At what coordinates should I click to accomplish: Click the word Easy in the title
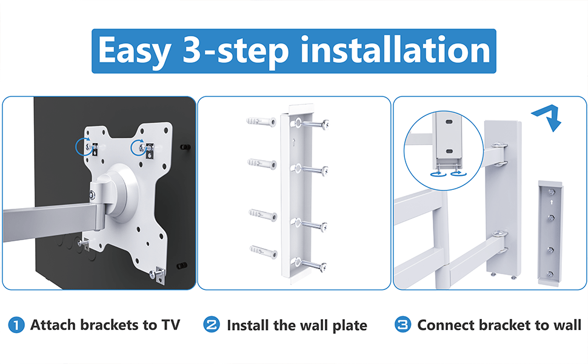click(134, 51)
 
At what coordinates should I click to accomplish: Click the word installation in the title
click(395, 50)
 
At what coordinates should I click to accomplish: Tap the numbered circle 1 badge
click(16, 325)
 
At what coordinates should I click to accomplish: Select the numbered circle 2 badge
click(212, 325)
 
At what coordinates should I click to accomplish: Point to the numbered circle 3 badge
click(403, 325)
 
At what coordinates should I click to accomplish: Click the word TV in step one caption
click(170, 325)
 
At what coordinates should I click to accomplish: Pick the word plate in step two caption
click(350, 326)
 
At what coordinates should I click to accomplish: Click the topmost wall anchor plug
click(261, 121)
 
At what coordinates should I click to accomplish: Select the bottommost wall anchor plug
click(263, 251)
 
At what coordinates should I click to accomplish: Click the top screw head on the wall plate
click(326, 124)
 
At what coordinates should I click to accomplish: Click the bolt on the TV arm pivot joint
click(92, 195)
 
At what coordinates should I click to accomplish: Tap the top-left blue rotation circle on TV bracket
click(84, 147)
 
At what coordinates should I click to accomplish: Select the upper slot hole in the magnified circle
click(449, 122)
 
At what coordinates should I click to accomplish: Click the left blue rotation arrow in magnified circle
click(438, 174)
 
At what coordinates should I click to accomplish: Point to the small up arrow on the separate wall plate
click(551, 203)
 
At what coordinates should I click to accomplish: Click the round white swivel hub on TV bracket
click(121, 191)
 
